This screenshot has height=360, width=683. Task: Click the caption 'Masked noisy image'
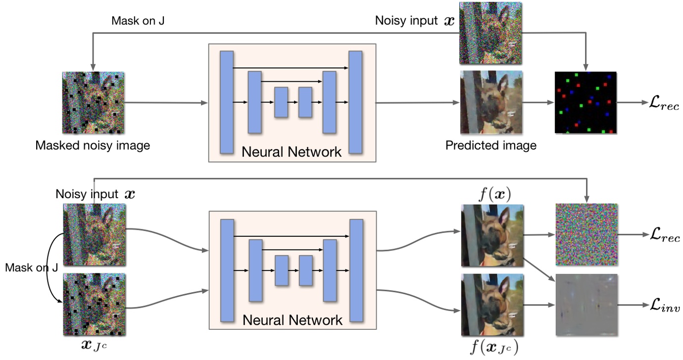tap(93, 146)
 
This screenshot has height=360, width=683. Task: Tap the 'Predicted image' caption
tap(490, 146)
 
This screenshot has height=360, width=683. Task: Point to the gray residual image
tap(586, 305)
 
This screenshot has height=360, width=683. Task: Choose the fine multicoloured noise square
tap(586, 235)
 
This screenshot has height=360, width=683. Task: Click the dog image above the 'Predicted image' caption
tap(491, 102)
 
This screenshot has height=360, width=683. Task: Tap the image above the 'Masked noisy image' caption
tap(93, 103)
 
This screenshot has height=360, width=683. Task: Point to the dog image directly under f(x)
tap(492, 236)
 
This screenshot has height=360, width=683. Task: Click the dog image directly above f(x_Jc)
tap(492, 305)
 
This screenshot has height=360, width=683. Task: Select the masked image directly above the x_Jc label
tap(94, 305)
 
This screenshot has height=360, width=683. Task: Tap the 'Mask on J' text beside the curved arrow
tap(31, 268)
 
